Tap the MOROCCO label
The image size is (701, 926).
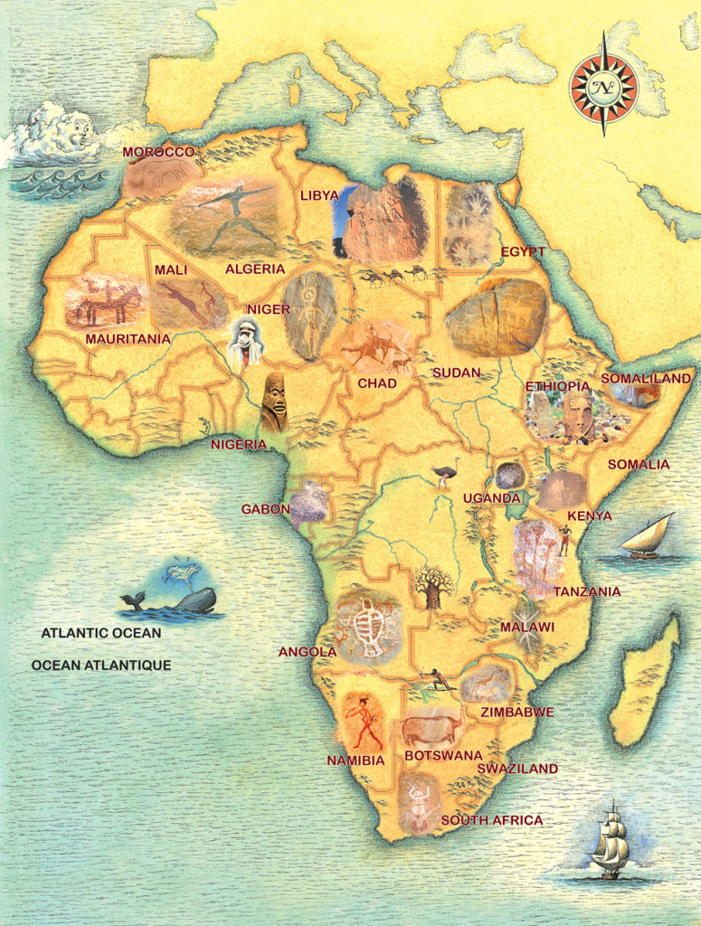tap(159, 152)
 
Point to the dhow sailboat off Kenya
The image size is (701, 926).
tap(647, 538)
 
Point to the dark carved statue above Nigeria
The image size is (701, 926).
tap(274, 402)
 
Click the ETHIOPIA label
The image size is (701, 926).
tap(558, 386)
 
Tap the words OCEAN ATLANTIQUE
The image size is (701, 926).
tap(101, 665)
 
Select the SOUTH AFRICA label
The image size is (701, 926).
tap(492, 820)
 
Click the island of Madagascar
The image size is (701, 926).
tap(645, 678)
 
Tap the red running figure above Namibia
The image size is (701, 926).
tap(364, 721)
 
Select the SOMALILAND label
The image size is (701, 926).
tap(646, 378)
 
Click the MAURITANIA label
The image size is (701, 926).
tap(128, 339)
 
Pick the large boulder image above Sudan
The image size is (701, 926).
tap(497, 317)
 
